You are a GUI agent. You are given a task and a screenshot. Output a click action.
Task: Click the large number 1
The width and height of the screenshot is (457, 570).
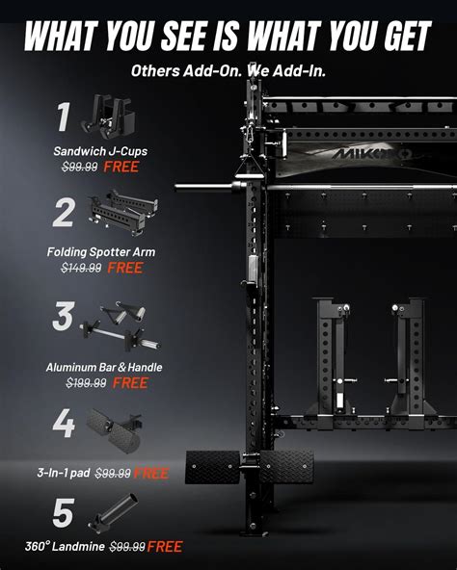64,117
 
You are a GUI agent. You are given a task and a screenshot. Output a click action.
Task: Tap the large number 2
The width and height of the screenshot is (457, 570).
64,213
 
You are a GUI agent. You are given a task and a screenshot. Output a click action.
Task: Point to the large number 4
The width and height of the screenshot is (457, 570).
63,425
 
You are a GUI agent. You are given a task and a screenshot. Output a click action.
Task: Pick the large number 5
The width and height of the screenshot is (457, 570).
63,512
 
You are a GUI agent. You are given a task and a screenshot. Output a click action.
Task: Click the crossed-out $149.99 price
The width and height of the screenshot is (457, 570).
82,269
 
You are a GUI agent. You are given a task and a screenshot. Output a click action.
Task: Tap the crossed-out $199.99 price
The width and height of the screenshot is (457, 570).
86,383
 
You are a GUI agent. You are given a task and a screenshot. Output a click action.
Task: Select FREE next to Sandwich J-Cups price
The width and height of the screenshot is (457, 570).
122,167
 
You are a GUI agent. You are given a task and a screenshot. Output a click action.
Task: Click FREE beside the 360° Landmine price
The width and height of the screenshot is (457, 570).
165,547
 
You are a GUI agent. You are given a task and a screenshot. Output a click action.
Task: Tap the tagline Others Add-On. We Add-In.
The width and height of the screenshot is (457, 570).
228,70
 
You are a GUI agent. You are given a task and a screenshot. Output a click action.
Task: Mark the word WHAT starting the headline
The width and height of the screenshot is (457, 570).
62,37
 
